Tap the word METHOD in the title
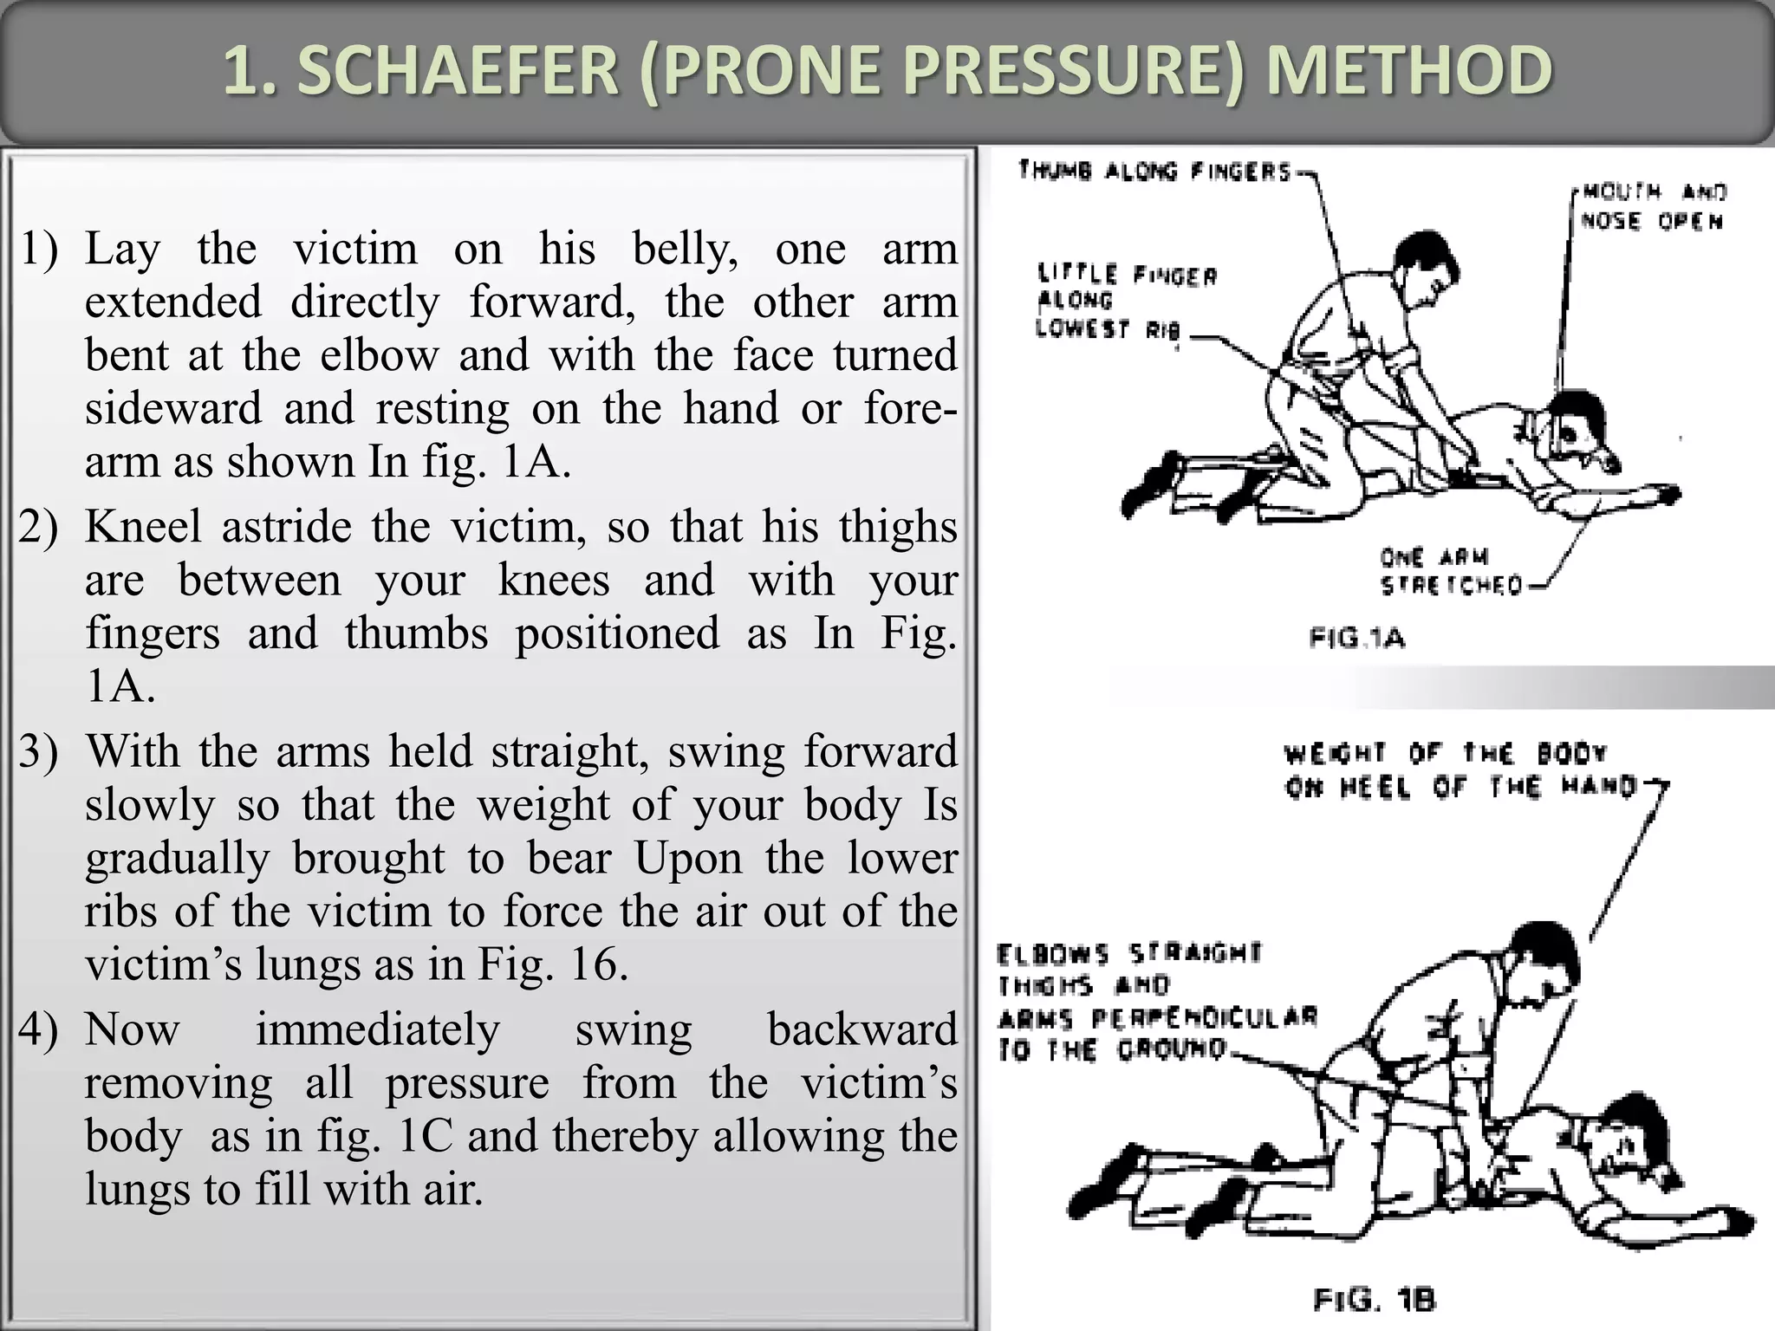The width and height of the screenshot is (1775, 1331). click(x=1408, y=71)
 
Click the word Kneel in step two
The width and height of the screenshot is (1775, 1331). click(x=143, y=527)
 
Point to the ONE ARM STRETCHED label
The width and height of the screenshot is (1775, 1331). click(x=1451, y=571)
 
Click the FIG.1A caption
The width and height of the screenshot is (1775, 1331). click(x=1356, y=640)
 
